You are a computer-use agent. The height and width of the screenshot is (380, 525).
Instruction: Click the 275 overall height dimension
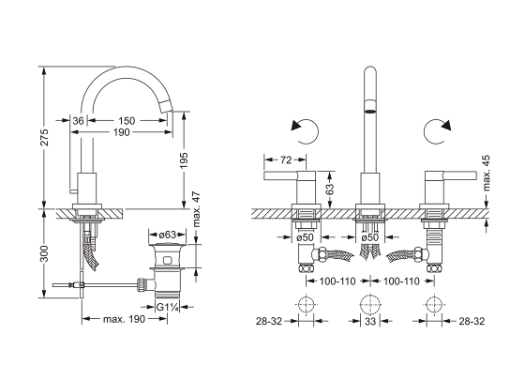click(x=45, y=137)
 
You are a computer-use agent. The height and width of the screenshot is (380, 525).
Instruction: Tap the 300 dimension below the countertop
click(x=45, y=253)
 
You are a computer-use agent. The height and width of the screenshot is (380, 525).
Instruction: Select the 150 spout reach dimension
click(x=127, y=121)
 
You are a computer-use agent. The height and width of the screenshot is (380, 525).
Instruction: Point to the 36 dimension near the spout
click(x=78, y=121)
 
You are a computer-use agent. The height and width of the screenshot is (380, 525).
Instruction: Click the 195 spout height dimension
click(x=184, y=160)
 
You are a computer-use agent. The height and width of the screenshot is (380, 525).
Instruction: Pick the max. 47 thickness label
click(x=197, y=209)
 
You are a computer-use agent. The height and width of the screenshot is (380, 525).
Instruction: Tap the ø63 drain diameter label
click(x=167, y=235)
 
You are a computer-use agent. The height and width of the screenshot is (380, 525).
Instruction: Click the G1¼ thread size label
click(x=168, y=307)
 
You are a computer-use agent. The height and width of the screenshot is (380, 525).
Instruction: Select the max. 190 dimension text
click(x=124, y=319)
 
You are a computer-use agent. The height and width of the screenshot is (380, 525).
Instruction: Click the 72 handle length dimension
click(x=286, y=160)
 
